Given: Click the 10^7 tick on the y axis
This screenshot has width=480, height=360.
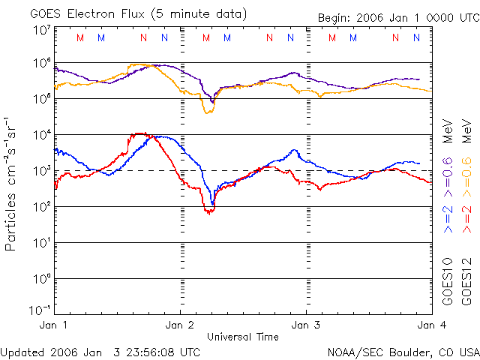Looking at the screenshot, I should coord(42,30).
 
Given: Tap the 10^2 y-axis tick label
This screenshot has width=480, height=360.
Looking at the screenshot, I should coord(42,206).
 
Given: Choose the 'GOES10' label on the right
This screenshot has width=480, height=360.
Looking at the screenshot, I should coord(448,280).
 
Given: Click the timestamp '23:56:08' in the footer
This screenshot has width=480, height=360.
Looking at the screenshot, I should coord(151,351).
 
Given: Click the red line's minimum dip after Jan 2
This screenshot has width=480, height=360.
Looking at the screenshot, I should coord(209,212).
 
